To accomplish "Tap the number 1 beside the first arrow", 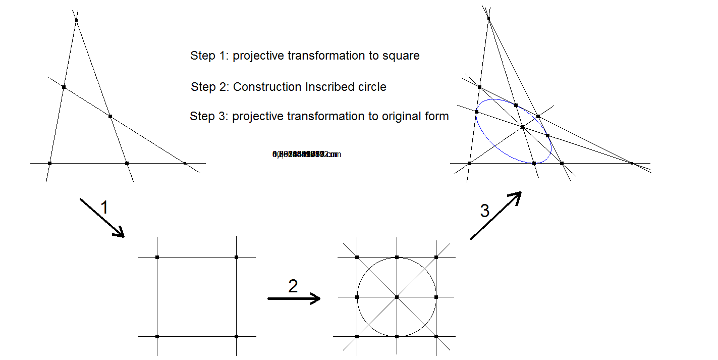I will coord(104,208).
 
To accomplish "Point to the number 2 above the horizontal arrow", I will coord(293,286).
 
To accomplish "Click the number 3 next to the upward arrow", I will coord(484,211).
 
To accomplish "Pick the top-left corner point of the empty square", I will coord(157,258).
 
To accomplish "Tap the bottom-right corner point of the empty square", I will coord(236,336).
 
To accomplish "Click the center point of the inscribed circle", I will coord(397,297).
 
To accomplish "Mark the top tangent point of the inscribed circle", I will coord(397,258).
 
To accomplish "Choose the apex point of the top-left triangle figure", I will coord(76,20).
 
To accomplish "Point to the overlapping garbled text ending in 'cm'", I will coord(306,154).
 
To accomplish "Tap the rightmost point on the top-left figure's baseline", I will coord(185,163).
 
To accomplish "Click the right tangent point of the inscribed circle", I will coord(436,297).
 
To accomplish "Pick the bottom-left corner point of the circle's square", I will coord(357,336).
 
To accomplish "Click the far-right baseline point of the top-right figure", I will coord(632,163).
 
